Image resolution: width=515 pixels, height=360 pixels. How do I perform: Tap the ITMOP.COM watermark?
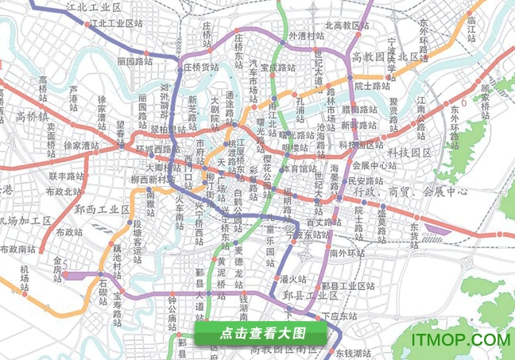coord(460,339)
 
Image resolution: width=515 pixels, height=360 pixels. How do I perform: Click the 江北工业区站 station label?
coord(118,23)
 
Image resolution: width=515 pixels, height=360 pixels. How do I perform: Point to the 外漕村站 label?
coord(306,37)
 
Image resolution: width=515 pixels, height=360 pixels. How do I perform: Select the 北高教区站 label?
coord(347,25)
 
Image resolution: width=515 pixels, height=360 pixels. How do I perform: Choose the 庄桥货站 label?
coord(201,68)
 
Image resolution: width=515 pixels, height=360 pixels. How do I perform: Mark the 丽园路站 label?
coord(134,60)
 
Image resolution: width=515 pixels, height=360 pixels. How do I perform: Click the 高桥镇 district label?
coord(33,117)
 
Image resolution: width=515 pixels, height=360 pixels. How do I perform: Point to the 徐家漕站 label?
coord(83,145)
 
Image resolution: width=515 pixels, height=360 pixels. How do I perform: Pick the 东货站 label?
coord(419,224)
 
